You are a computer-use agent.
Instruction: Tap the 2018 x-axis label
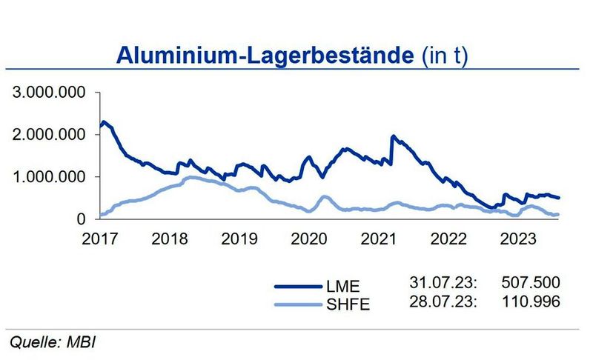click(169, 239)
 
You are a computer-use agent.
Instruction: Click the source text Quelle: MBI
click(53, 342)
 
